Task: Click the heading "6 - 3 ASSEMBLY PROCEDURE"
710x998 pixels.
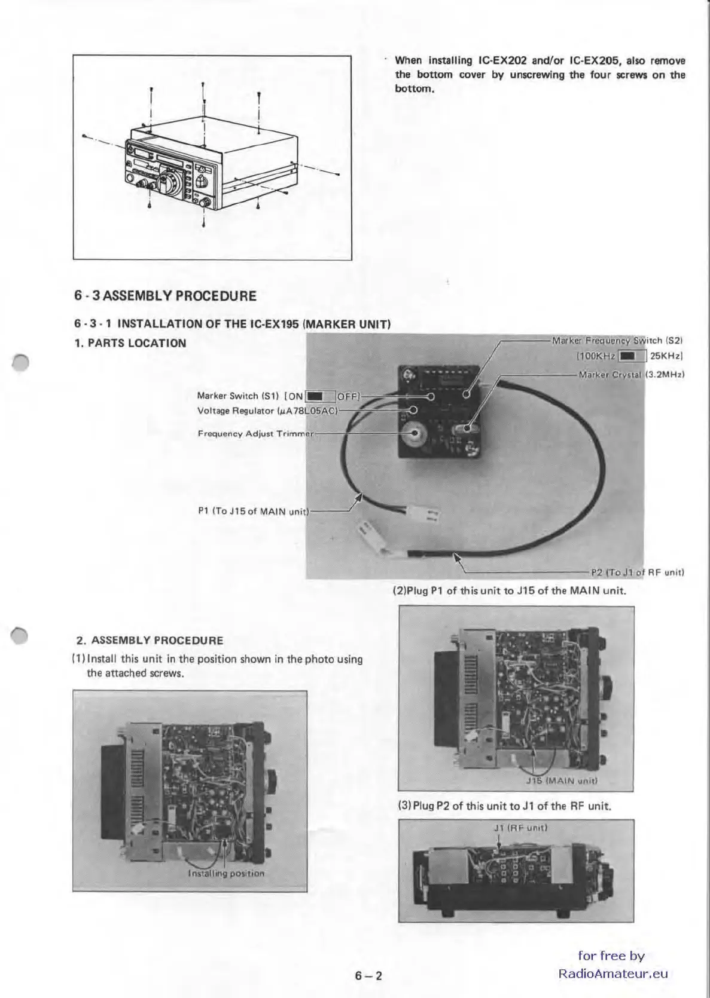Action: tap(165, 296)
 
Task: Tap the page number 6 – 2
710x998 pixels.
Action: tap(368, 976)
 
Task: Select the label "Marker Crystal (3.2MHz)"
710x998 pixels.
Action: tap(631, 375)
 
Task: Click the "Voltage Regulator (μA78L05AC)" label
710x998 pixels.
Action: tap(268, 411)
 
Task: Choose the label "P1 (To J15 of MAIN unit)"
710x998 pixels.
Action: tap(252, 511)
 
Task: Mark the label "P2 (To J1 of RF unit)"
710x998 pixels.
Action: tap(637, 572)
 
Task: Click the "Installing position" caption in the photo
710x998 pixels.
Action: tap(226, 873)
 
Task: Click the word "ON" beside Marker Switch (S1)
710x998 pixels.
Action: tap(296, 396)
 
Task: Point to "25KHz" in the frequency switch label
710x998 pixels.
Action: tap(666, 356)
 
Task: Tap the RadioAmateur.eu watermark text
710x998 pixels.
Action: tap(613, 973)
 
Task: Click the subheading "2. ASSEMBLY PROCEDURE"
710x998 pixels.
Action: tap(150, 640)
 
